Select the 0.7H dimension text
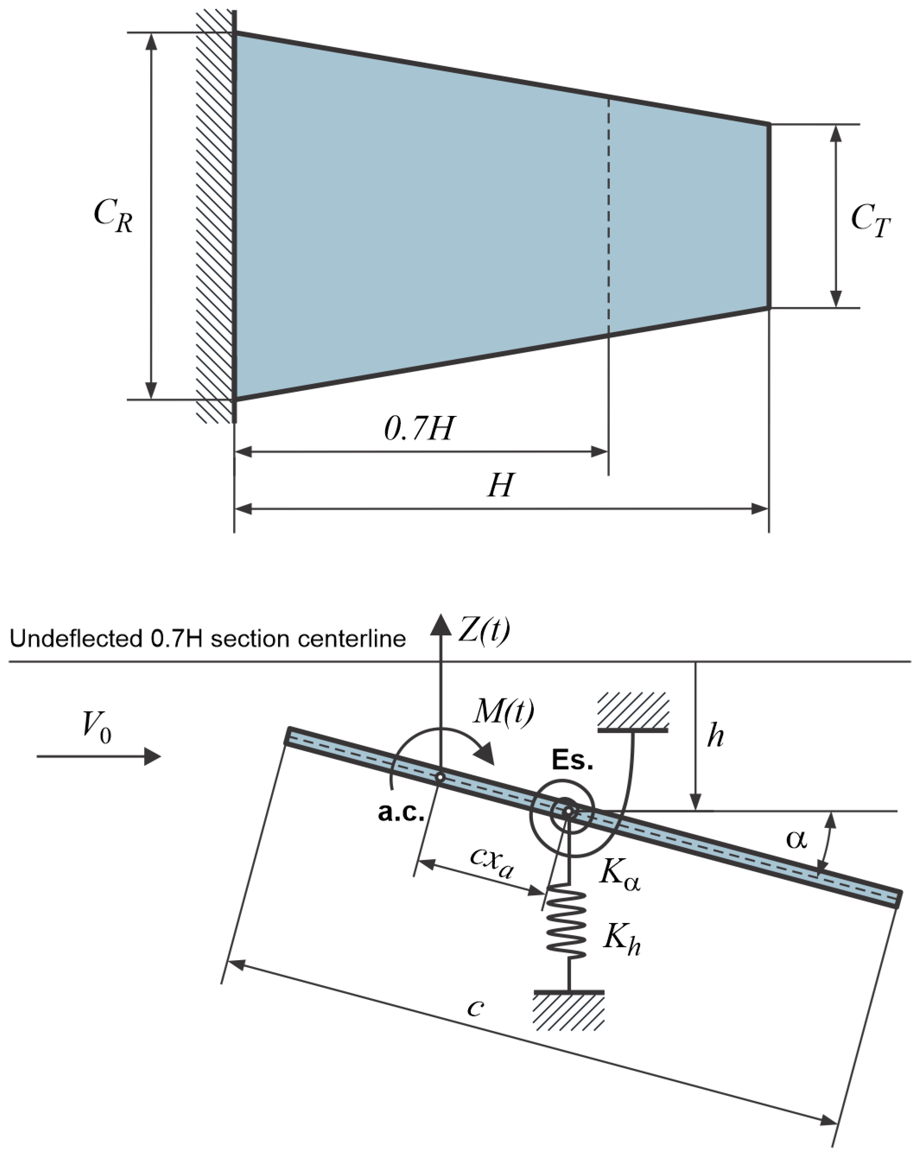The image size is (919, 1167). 419,429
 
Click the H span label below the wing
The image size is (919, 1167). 501,486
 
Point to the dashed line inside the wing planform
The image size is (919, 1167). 608,215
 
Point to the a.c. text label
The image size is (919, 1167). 401,812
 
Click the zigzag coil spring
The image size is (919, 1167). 566,924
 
